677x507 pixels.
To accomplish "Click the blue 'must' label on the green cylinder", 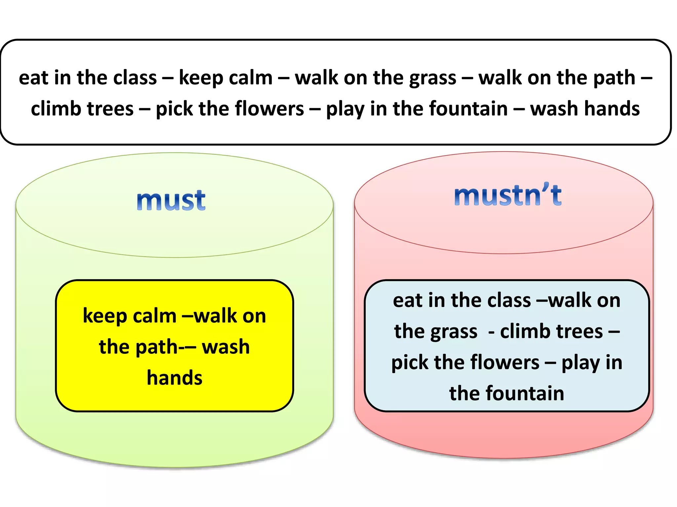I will coord(171,200).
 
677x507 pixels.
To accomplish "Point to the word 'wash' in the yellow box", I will coord(225,347).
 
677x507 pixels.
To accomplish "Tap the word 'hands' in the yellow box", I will coord(175,378).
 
